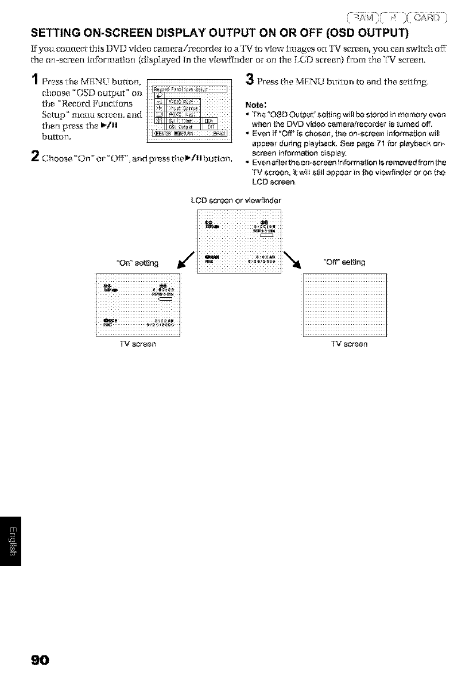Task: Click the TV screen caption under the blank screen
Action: pyautogui.click(x=346, y=344)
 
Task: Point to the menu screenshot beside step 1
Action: pyautogui.click(x=188, y=112)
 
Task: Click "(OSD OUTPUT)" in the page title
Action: pyautogui.click(x=338, y=30)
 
